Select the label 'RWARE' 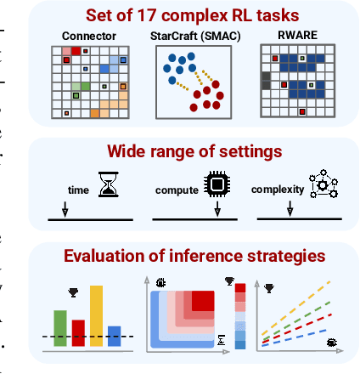pos(292,36)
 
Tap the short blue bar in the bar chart pos(114,337)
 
